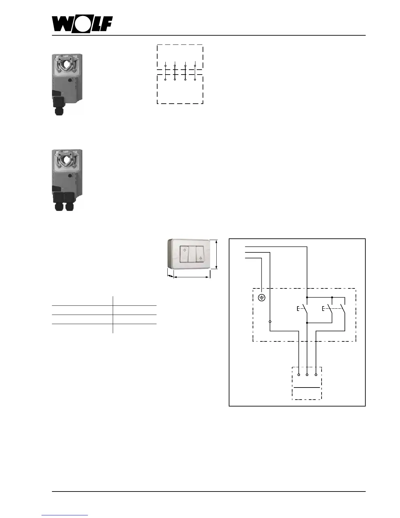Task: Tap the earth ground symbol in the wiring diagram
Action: (262, 298)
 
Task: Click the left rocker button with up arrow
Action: (184, 254)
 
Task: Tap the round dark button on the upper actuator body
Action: (70, 79)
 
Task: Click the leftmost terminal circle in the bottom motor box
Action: (299, 375)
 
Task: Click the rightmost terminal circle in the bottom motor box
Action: (316, 375)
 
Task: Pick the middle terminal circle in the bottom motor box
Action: (307, 375)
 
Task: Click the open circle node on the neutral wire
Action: (270, 322)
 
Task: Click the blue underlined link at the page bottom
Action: (65, 515)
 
